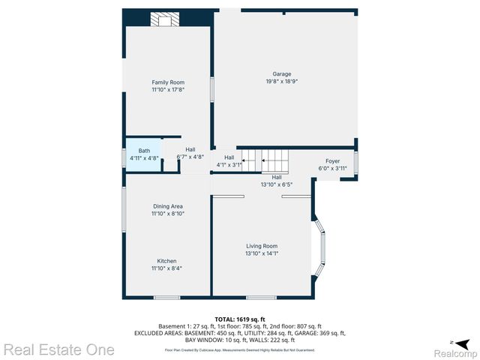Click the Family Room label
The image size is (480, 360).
coord(168,82)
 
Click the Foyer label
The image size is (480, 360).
coord(332,161)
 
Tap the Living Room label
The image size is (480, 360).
coord(262,246)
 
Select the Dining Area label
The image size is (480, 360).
coord(168,206)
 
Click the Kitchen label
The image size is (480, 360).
coord(166,261)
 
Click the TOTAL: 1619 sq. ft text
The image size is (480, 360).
coord(240,319)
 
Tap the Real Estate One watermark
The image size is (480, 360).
coord(59,349)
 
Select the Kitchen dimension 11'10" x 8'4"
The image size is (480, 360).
coord(166,268)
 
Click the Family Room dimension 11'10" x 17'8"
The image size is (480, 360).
coord(168,90)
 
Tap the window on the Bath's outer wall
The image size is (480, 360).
coord(124,157)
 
